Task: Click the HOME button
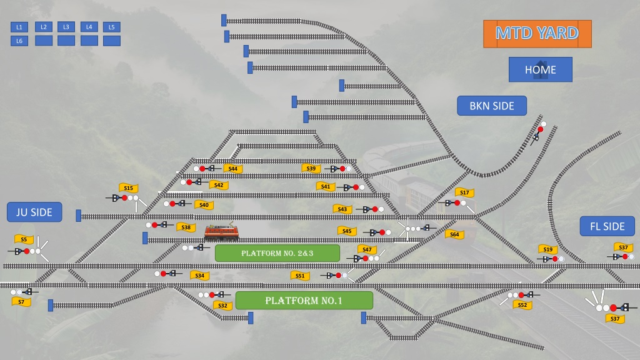[x=541, y=69]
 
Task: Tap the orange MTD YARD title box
[x=537, y=34]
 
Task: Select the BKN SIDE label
[x=492, y=106]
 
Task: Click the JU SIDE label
[x=34, y=212]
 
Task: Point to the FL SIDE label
[x=607, y=226]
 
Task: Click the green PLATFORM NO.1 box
[x=304, y=301]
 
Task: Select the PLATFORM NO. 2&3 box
[x=277, y=253]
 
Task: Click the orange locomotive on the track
[x=221, y=232]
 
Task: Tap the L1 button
[x=19, y=27]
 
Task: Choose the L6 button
[x=19, y=41]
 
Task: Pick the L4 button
[x=89, y=27]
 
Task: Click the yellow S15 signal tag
[x=128, y=187]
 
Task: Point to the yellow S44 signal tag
[x=233, y=169]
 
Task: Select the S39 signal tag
[x=311, y=168]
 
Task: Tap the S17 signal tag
[x=464, y=192]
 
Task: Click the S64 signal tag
[x=454, y=234]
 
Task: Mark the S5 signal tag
[x=24, y=239]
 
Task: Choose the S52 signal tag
[x=522, y=305]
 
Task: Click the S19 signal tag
[x=547, y=249]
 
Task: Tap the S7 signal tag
[x=21, y=302]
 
